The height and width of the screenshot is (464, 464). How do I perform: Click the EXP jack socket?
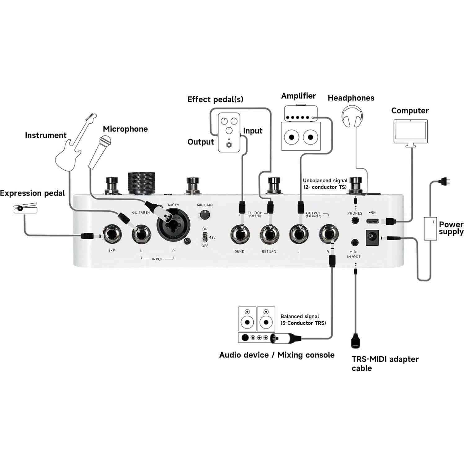112,235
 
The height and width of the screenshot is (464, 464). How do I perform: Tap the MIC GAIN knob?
204,214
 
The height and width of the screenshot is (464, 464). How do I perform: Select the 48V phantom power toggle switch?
205,237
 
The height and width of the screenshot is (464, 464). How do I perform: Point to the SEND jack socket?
240,235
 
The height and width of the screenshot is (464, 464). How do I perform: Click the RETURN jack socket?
269,235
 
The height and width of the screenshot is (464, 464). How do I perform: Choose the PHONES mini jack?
355,221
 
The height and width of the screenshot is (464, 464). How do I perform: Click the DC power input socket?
373,238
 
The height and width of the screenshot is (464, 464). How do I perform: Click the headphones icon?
352,116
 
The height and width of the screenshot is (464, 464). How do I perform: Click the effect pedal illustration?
229,133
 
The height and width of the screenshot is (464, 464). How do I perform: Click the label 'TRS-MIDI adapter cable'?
385,364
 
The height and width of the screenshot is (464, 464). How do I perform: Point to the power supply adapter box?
430,228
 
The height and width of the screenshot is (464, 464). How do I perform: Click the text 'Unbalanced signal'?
325,180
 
